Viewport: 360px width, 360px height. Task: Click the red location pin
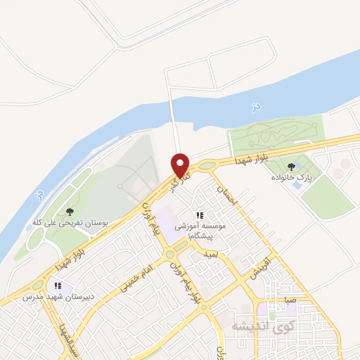pos(181,165)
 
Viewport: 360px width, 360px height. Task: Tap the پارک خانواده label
pos(291,179)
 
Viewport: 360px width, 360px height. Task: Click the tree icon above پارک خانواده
pos(291,167)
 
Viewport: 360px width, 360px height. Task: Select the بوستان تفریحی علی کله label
pos(70,222)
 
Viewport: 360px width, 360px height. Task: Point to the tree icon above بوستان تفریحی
pos(69,211)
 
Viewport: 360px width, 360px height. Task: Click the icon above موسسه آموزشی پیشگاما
pos(200,215)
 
